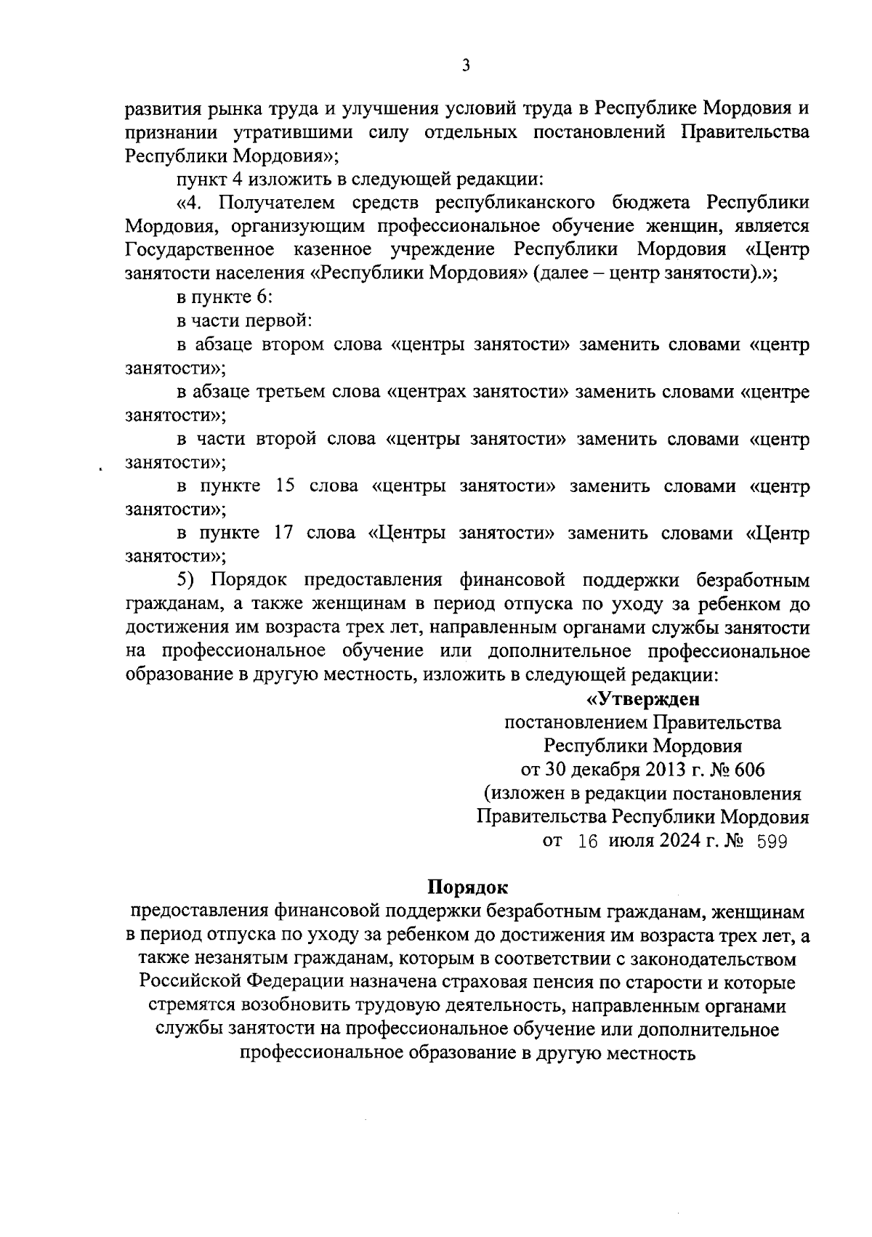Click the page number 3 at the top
tap(466, 66)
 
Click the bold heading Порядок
tap(467, 887)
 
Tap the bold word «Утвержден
tap(642, 699)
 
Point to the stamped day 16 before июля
tap(587, 842)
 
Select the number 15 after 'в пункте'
tap(285, 486)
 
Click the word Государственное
tap(199, 250)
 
